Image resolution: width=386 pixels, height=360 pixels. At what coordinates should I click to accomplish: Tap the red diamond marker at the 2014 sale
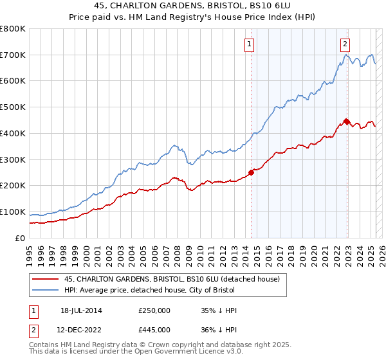[252, 172]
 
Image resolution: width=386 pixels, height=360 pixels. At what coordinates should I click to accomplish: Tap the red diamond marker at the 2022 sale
[347, 121]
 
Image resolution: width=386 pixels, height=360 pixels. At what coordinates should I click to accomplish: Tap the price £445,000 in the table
[154, 329]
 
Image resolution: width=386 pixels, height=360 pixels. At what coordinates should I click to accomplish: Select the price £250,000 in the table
[154, 310]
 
